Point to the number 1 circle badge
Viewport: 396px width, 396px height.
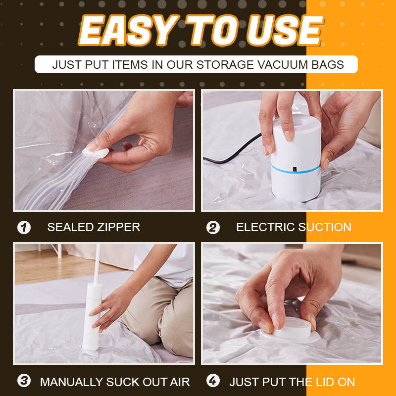[x=24, y=228]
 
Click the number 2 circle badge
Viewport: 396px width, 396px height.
[x=213, y=228]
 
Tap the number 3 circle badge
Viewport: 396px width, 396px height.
[x=24, y=382]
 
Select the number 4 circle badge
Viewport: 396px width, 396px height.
[x=213, y=382]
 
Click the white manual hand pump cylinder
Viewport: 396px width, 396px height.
[x=94, y=317]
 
